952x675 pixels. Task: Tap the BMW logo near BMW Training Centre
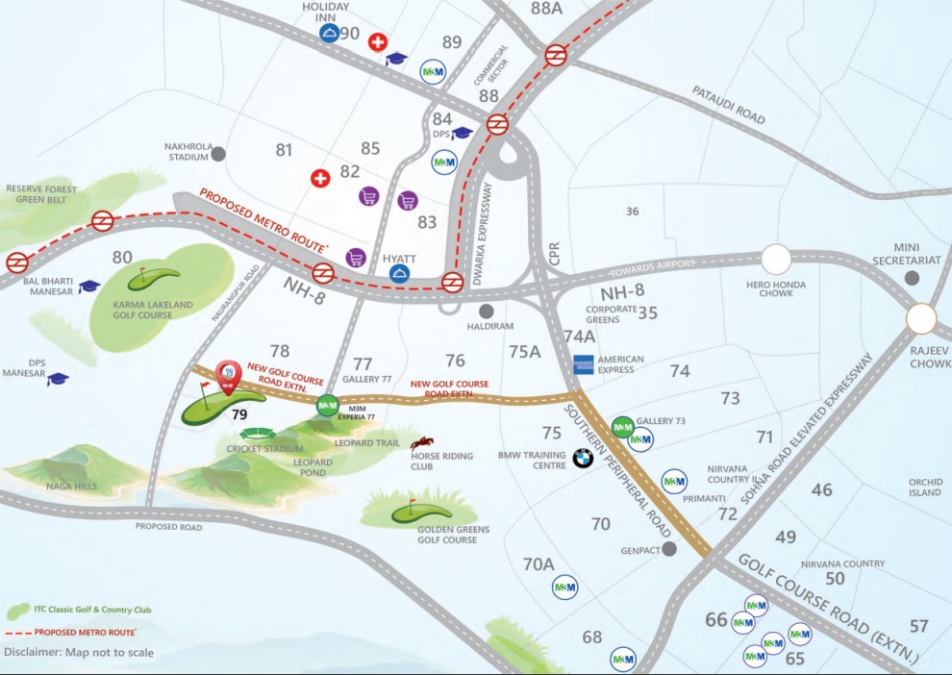click(581, 459)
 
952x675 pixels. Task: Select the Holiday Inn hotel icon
click(329, 34)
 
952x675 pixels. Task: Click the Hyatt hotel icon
click(399, 274)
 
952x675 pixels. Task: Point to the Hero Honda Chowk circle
click(775, 260)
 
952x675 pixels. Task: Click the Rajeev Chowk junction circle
click(920, 318)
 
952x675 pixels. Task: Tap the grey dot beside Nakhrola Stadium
click(218, 154)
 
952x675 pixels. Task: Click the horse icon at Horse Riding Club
click(420, 442)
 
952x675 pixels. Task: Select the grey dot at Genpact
click(669, 548)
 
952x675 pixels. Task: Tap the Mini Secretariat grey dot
click(912, 278)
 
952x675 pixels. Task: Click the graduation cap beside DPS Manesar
click(59, 379)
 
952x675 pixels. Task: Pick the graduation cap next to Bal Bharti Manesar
click(89, 286)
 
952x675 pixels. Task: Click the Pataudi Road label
click(728, 105)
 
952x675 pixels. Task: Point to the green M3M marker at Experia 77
click(328, 406)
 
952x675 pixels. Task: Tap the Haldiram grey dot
click(487, 311)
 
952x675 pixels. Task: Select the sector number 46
click(821, 490)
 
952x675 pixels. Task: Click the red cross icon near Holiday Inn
click(378, 41)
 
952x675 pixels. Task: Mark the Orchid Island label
click(924, 487)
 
